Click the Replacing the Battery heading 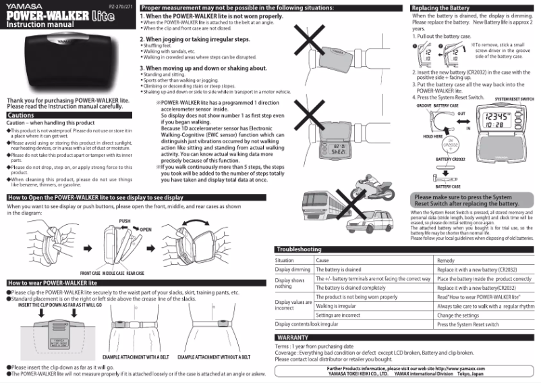[x=440, y=7]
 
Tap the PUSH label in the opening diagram [x=125, y=221]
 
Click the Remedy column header [x=446, y=260]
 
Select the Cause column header [x=322, y=260]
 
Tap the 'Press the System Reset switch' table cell [x=468, y=324]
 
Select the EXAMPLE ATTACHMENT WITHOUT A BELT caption [x=214, y=357]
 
